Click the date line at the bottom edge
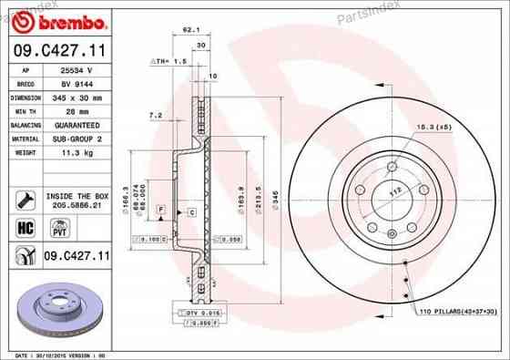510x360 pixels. [64, 354]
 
